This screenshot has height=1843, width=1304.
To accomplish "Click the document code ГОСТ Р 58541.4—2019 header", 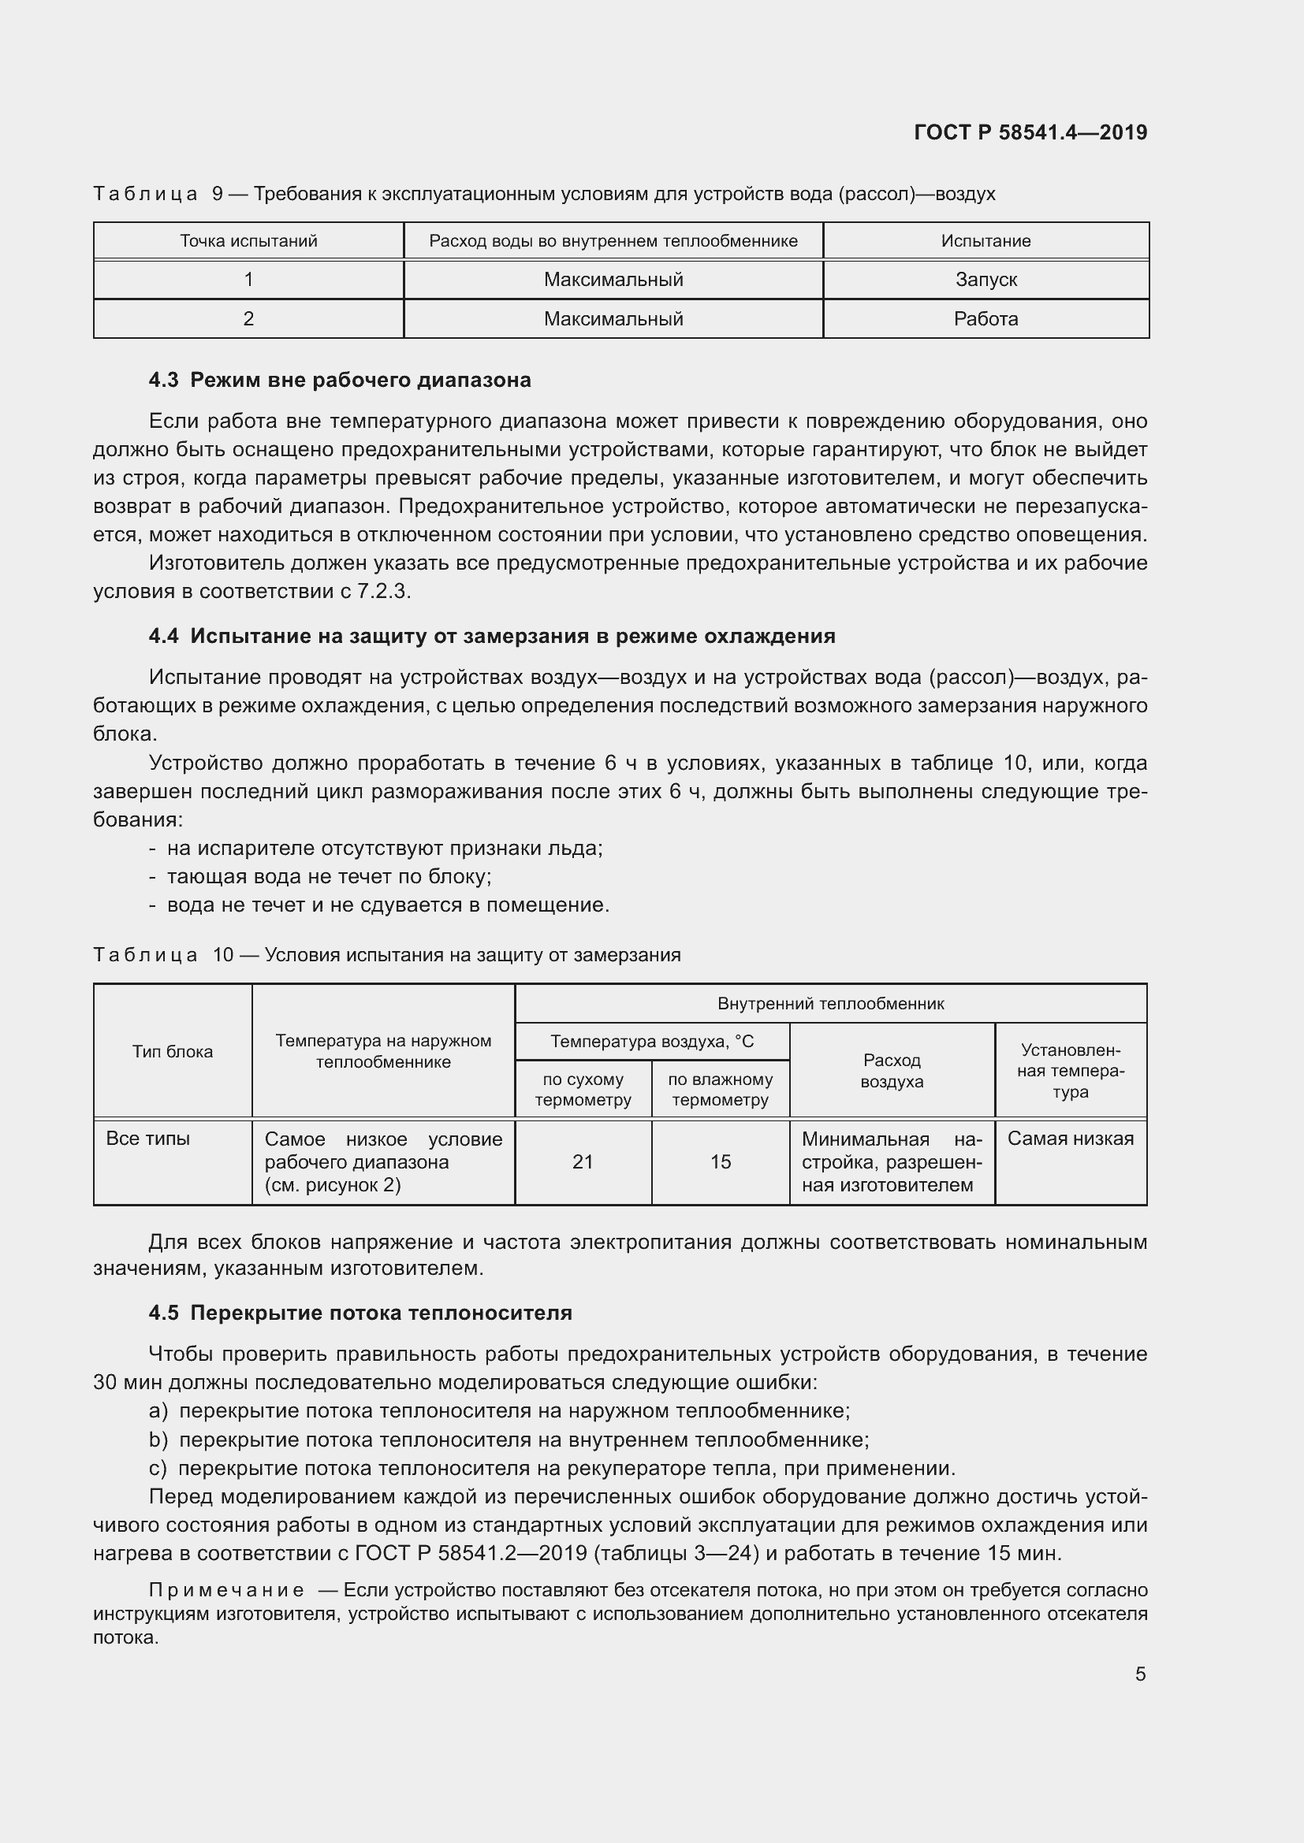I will tap(1030, 132).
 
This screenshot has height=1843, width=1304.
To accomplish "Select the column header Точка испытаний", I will tap(248, 241).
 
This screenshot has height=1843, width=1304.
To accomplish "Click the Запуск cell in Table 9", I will tap(985, 280).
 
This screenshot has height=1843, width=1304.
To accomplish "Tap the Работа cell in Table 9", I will tap(985, 318).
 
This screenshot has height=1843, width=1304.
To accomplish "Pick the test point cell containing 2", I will tap(248, 318).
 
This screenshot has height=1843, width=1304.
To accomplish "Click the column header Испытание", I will tap(985, 241).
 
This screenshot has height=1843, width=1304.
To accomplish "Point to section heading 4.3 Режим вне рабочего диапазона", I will tap(340, 380).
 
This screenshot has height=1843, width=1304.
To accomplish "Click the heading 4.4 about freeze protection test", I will tap(491, 636).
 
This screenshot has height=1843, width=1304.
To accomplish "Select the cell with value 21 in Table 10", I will tap(582, 1161).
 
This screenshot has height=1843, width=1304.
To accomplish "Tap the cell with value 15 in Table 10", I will tap(721, 1161).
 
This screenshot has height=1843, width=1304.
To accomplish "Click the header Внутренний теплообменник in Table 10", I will tap(830, 1003).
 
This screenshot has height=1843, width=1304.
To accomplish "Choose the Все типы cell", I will tap(147, 1139).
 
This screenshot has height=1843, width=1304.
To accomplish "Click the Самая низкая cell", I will tap(1071, 1139).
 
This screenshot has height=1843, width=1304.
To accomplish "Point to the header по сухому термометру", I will tap(582, 1089).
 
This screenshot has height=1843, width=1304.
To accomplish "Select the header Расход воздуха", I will tap(892, 1070).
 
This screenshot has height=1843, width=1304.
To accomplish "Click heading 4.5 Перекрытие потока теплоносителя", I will tap(360, 1313).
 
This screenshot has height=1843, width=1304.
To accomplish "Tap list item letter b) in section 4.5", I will tap(158, 1440).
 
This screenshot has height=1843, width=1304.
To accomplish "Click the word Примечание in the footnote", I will tap(226, 1590).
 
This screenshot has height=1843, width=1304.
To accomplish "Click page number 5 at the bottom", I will tap(1140, 1674).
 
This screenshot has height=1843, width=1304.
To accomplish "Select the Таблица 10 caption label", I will tap(145, 954).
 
